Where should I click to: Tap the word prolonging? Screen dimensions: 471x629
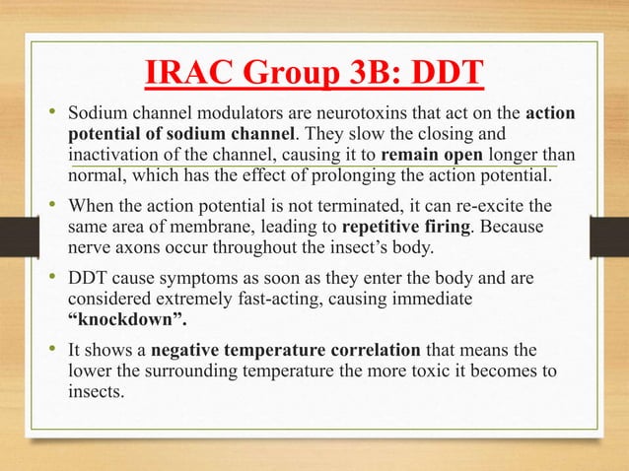pos(384,176)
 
